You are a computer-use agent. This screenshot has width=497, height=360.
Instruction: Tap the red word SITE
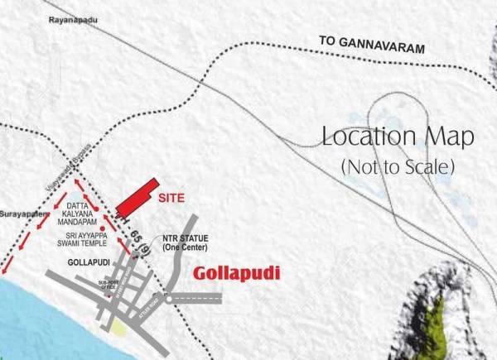[172, 199]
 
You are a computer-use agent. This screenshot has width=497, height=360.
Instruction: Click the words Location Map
[398, 137]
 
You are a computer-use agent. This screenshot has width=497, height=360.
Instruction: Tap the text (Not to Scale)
[398, 166]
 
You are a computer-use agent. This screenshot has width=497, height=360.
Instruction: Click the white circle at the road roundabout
[168, 303]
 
